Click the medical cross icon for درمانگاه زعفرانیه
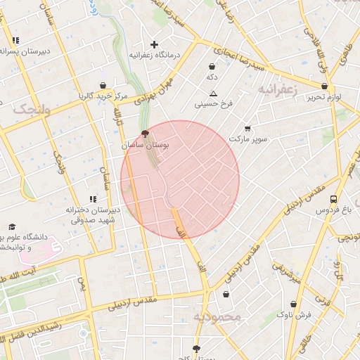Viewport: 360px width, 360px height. pyautogui.click(x=155, y=44)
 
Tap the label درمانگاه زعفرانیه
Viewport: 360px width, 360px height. pyautogui.click(x=154, y=55)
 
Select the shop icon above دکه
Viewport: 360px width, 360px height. pyautogui.click(x=211, y=66)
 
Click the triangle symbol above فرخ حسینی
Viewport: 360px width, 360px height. pyautogui.click(x=213, y=94)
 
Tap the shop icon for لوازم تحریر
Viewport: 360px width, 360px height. pyautogui.click(x=324, y=86)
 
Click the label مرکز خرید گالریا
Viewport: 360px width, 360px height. pyautogui.click(x=103, y=95)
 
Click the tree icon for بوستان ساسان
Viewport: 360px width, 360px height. pyautogui.click(x=146, y=133)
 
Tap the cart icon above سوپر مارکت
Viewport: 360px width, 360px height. pyautogui.click(x=247, y=129)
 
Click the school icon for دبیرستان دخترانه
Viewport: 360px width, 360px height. pyautogui.click(x=93, y=200)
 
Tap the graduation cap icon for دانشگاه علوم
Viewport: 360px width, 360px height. pyautogui.click(x=12, y=227)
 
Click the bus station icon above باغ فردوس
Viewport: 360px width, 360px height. pyautogui.click(x=333, y=200)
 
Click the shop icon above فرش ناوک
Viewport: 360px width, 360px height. pyautogui.click(x=294, y=304)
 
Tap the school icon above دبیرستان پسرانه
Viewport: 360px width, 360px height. pyautogui.click(x=15, y=41)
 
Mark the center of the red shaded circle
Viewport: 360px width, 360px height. pyautogui.click(x=180, y=180)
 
